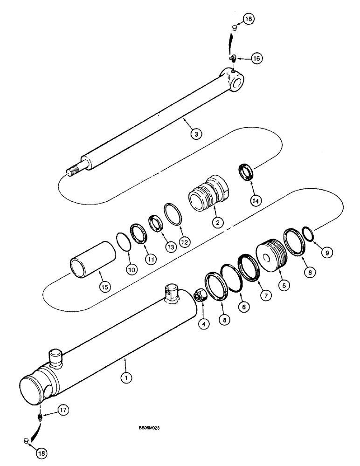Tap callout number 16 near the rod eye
click(x=256, y=58)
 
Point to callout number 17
click(x=63, y=410)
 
